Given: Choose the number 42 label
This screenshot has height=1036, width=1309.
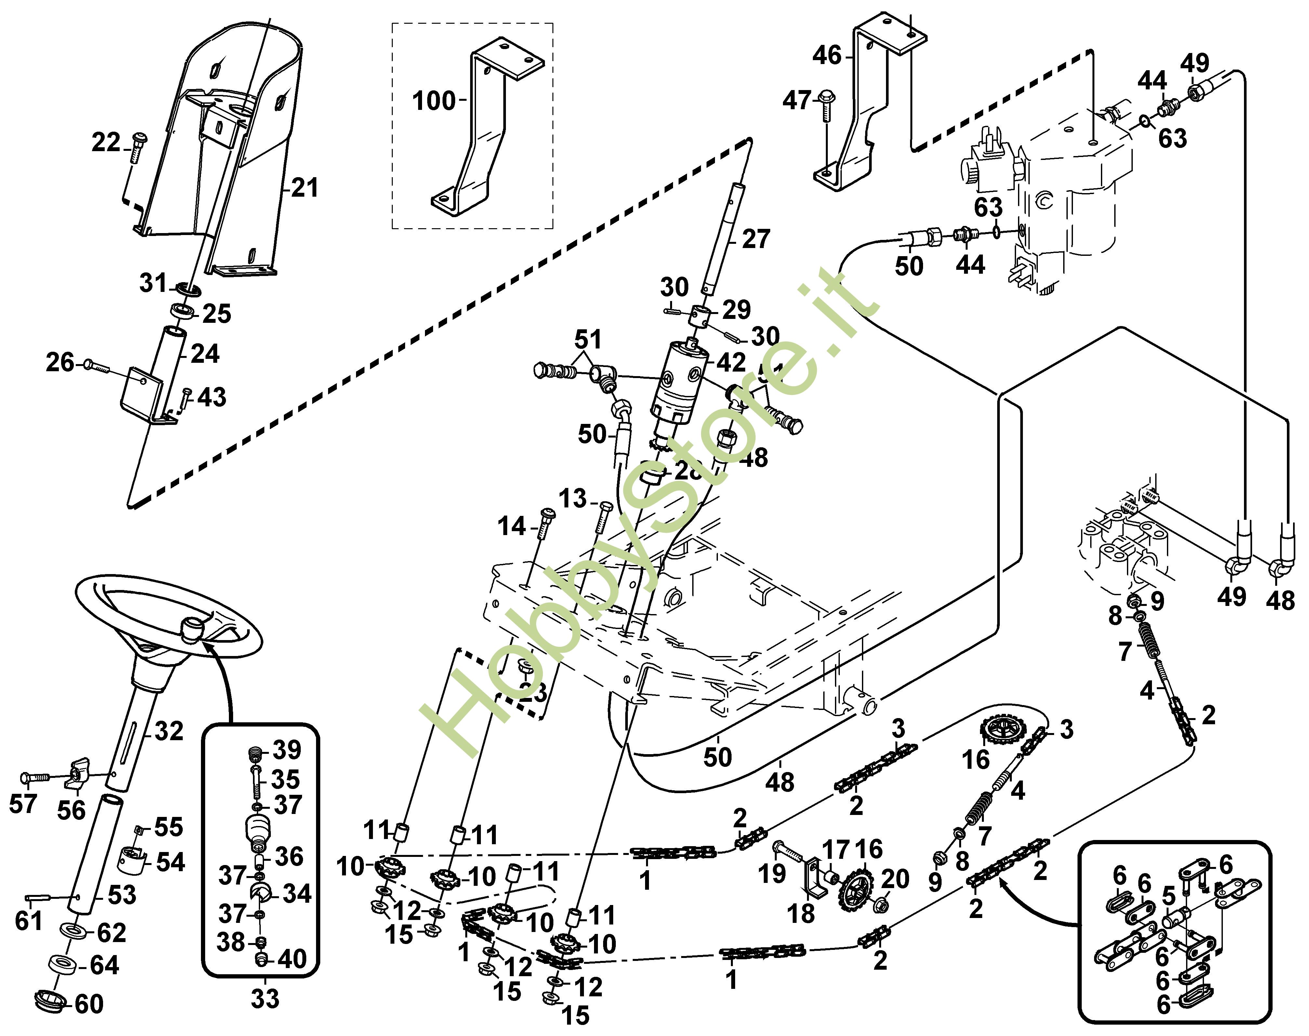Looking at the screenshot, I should point(731,363).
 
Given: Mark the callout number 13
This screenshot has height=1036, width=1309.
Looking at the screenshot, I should point(572,499).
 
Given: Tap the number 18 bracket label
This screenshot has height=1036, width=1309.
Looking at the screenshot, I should point(801,913).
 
